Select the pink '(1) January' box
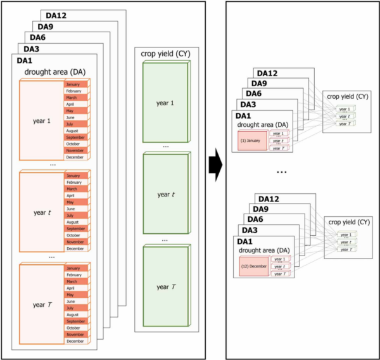[x=251, y=139]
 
